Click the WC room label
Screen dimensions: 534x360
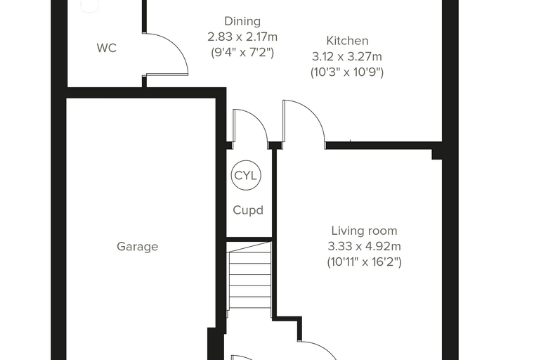coord(107,48)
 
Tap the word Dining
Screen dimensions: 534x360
coord(242,22)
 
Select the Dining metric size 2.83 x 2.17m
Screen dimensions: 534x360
coord(242,37)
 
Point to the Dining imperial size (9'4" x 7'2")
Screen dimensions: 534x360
coord(242,53)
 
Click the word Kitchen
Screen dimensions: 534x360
coord(347,41)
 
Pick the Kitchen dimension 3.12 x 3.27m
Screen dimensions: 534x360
coord(347,56)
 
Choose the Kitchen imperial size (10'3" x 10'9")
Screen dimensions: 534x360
coord(347,72)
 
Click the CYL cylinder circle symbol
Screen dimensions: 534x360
coord(246,175)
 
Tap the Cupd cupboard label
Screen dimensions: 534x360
coord(248,210)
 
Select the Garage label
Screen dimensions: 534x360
coord(137,247)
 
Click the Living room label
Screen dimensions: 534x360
coord(365,231)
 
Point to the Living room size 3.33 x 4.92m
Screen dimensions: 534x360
coord(365,246)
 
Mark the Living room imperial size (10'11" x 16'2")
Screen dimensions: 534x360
coord(365,262)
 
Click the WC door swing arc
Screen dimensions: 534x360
coord(176,45)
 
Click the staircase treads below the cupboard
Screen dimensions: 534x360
coord(250,280)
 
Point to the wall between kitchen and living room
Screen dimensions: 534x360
coord(384,146)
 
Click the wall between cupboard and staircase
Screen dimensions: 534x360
coord(249,239)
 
